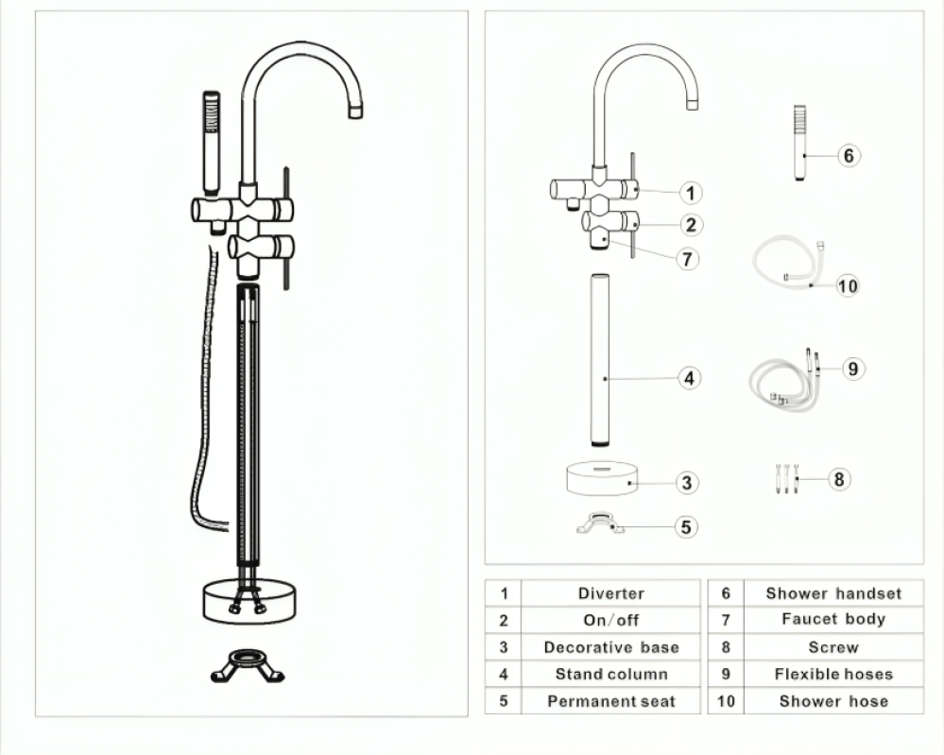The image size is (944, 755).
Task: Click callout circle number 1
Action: [691, 194]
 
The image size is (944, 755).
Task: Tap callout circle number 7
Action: [688, 260]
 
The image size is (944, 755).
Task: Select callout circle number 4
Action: [689, 378]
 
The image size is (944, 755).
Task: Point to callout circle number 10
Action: [847, 285]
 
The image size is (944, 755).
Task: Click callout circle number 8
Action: [839, 479]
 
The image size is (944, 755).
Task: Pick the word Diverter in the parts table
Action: [611, 593]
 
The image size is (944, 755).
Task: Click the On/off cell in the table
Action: [611, 620]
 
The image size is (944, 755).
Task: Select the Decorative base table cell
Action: [611, 647]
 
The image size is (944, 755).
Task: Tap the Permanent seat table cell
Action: [611, 701]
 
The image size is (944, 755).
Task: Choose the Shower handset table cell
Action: [833, 593]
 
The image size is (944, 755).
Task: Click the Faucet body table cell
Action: [833, 620]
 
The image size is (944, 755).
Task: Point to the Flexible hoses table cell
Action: [833, 675]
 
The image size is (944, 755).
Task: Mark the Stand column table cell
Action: [611, 675]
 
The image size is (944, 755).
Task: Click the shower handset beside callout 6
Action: [799, 143]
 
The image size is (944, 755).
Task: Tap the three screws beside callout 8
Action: [786, 479]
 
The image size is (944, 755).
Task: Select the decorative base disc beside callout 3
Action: [602, 479]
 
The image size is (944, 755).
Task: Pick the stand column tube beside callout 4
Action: [600, 360]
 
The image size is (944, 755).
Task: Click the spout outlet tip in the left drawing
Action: [356, 111]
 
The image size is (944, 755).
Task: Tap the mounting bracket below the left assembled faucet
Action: [248, 666]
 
